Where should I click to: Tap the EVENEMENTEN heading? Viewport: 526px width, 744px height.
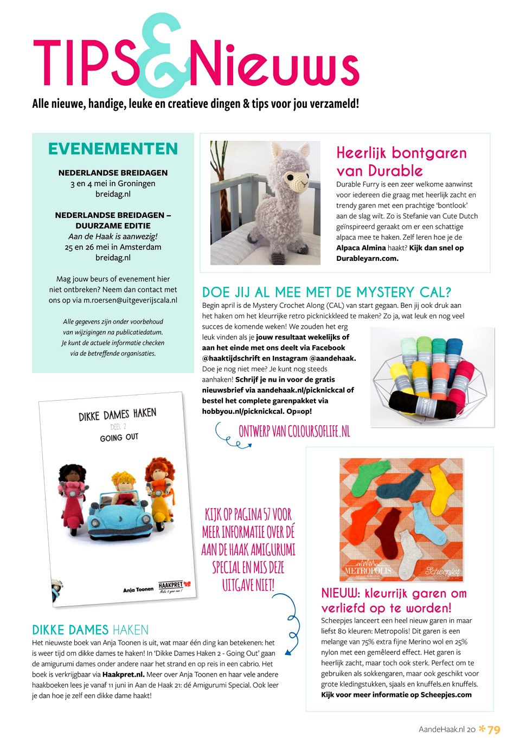click(113, 149)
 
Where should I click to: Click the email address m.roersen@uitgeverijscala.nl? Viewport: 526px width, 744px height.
click(130, 300)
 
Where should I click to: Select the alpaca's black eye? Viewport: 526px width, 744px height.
click(291, 177)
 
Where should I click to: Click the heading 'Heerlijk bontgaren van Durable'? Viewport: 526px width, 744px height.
click(401, 162)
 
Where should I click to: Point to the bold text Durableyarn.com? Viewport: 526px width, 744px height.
click(367, 258)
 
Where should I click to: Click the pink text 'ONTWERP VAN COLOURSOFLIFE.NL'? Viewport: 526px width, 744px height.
click(294, 431)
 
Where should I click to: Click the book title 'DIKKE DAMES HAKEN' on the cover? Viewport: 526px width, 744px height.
click(117, 415)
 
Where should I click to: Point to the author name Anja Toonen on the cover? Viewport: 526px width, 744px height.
click(138, 589)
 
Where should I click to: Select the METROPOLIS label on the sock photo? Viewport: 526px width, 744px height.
click(368, 571)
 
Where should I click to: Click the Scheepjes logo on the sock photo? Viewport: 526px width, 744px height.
click(442, 571)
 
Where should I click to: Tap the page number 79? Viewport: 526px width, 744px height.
click(494, 729)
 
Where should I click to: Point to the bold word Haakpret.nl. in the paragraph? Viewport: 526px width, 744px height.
click(123, 675)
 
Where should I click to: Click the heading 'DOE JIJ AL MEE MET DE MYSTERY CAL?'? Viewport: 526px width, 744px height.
click(326, 292)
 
